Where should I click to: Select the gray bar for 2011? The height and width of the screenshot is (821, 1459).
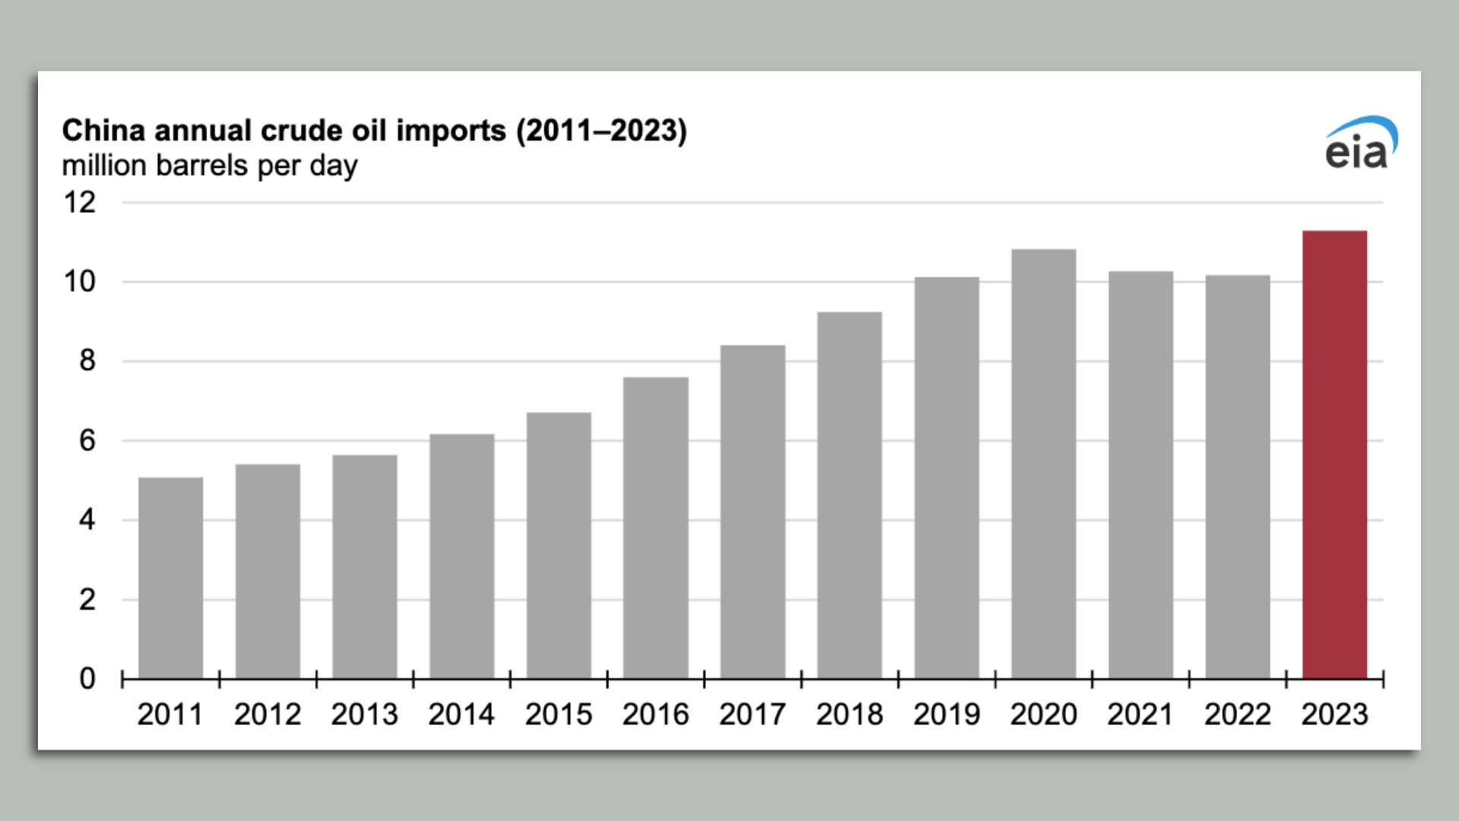coord(170,578)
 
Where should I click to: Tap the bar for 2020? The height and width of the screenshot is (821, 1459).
coord(1043,464)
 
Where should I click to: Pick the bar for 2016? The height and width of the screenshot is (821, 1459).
coord(656,528)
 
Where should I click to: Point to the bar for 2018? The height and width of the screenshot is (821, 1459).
coord(850,495)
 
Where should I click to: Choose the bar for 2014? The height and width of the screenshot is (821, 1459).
coord(461,556)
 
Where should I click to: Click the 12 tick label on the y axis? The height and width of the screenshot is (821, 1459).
coord(80,203)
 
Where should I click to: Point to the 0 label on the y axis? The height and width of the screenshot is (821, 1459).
coord(87,679)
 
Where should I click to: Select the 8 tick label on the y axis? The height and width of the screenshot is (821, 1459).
coord(87,361)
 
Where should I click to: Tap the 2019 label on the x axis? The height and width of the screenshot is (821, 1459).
coord(946,715)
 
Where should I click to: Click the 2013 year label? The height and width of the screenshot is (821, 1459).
coord(364,715)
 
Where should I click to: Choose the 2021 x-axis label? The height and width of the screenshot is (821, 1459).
coord(1140,715)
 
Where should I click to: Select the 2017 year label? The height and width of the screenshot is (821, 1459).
coord(752,715)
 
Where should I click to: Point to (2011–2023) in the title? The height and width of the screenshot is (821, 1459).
coord(601,131)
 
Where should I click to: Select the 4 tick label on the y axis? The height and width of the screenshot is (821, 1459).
coord(87,520)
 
